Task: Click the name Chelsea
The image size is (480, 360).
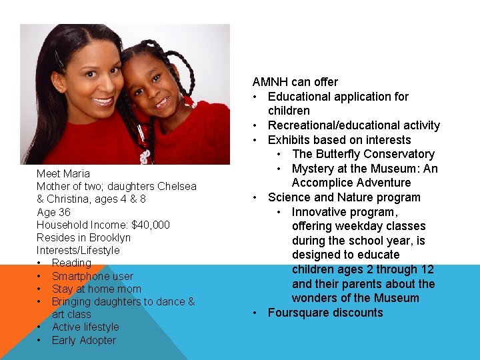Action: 177,186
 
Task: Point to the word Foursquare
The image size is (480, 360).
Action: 299,313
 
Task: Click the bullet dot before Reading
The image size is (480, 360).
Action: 41,263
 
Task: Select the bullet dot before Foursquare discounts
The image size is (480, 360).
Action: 256,313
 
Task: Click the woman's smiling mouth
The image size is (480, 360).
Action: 103,101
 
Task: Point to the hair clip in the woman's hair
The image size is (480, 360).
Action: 59,59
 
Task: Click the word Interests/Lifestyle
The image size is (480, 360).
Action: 78,250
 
